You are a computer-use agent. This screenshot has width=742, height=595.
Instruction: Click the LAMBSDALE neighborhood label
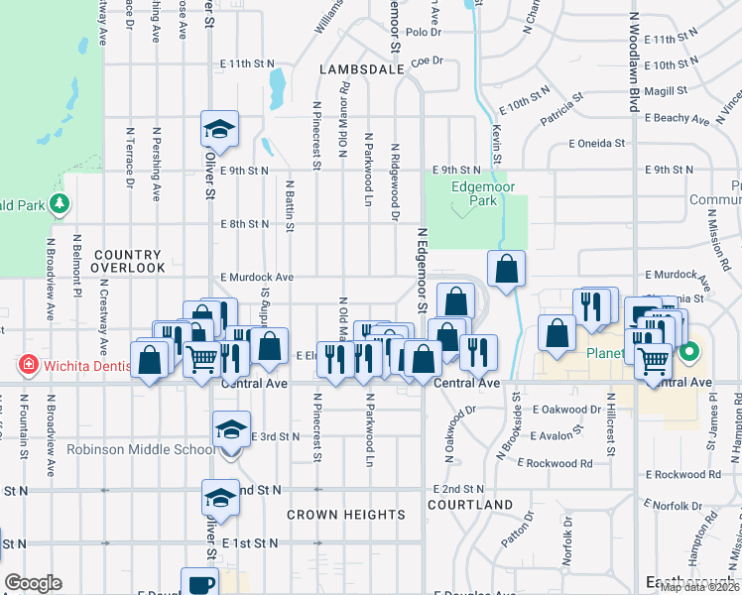[361, 70]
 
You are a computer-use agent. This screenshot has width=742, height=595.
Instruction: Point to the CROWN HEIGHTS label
[346, 515]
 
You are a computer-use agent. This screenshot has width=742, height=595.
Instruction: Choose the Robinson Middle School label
[140, 449]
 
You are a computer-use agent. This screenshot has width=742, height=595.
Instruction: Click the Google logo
[33, 582]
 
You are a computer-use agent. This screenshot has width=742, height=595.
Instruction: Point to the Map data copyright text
[700, 587]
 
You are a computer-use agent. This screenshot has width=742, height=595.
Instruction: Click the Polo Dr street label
[423, 32]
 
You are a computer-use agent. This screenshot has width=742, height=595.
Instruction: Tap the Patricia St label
[560, 110]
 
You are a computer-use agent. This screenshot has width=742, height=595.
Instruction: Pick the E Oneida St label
[596, 143]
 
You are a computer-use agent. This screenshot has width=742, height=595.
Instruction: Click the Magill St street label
[666, 90]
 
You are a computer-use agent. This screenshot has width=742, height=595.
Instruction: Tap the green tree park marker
[61, 203]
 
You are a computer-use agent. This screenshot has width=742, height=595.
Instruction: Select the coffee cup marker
[199, 584]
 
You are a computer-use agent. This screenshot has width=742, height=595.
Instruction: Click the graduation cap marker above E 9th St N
[219, 128]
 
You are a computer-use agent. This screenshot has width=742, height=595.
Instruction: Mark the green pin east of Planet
[688, 351]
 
